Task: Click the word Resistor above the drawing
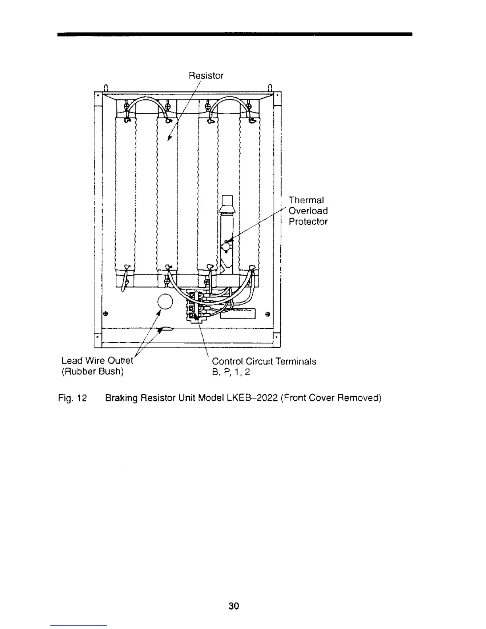click(206, 75)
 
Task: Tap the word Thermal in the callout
click(306, 200)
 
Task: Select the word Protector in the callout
click(308, 222)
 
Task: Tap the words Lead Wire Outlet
click(98, 361)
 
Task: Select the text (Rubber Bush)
click(93, 372)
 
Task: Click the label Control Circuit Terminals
click(264, 361)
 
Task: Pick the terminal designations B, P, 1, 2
click(231, 372)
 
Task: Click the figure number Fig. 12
click(72, 398)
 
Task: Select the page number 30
click(234, 606)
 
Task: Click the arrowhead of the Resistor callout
click(169, 138)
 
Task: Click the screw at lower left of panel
click(106, 314)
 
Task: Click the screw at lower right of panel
click(268, 315)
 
